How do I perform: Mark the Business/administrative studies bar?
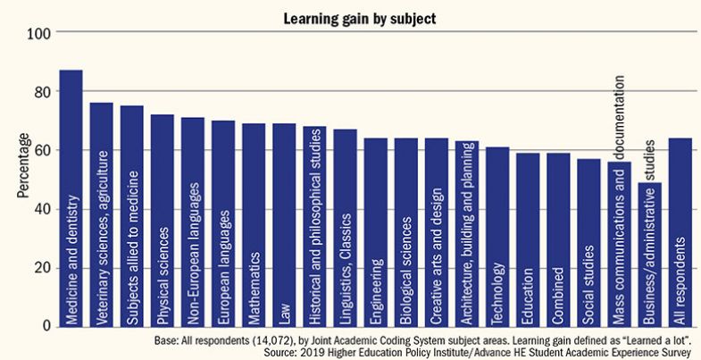649,255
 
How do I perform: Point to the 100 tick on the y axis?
41,34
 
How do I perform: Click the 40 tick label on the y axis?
41,210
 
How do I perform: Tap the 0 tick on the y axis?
46,327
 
